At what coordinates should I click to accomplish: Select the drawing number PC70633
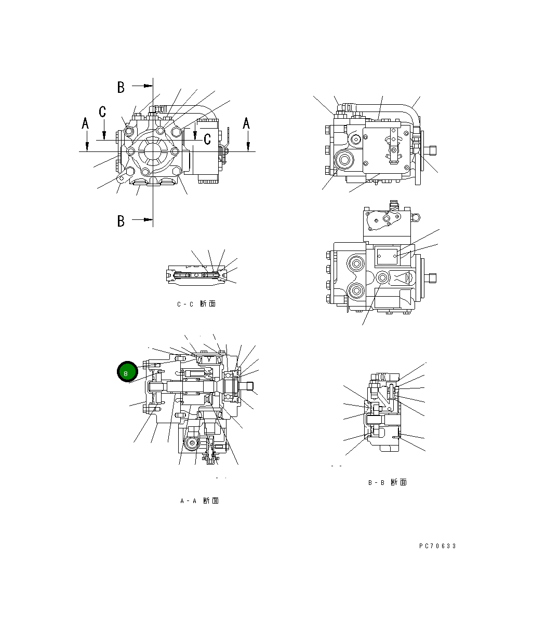437,546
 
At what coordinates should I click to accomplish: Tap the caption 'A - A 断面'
199,501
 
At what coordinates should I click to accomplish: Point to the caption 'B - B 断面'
387,482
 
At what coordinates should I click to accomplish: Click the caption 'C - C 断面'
196,304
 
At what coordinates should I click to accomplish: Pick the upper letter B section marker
121,87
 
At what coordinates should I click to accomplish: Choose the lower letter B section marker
121,221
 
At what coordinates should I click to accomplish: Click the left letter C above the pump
103,112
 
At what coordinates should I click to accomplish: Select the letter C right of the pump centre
207,138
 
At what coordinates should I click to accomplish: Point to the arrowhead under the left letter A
87,147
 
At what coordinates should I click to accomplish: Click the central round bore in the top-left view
153,151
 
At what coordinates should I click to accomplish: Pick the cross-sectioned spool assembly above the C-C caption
196,275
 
